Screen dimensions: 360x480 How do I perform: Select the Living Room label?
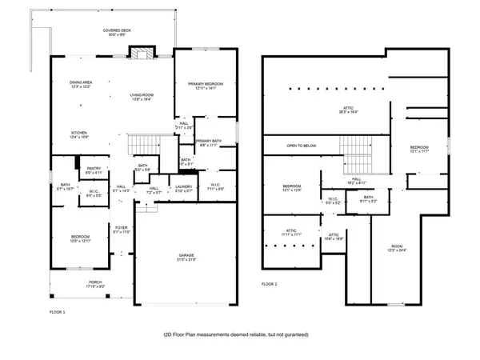tap(142, 97)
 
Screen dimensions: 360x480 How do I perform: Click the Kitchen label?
tap(79, 134)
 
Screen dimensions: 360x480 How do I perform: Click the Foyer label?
tap(121, 230)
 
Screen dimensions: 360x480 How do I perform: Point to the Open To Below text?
tap(302, 146)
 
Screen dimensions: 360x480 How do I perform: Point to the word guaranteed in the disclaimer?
tap(293, 334)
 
